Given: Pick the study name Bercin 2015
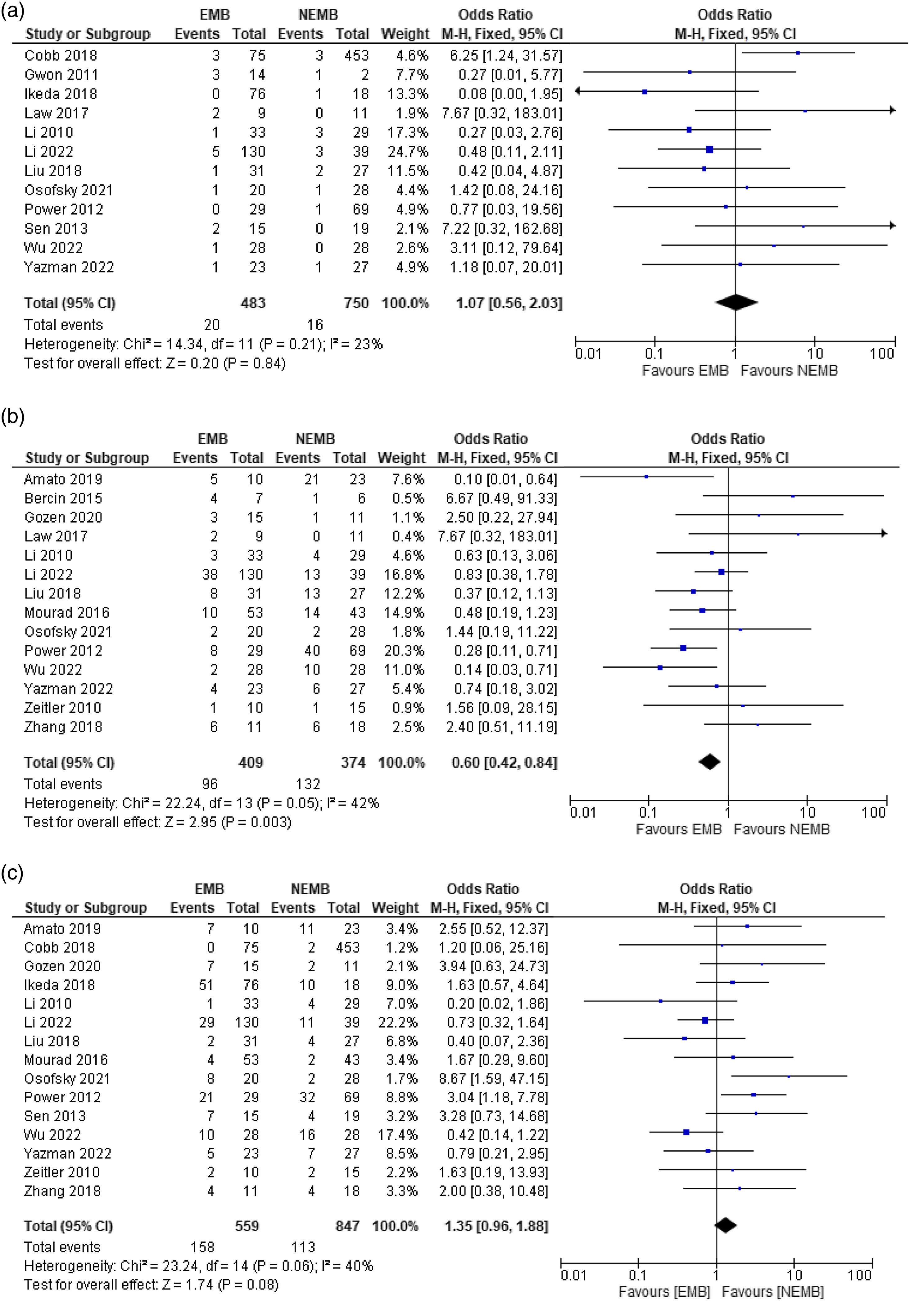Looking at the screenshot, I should point(63,499).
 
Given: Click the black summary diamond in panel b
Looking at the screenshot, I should point(709,762).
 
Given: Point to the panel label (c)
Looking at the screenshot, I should point(12,873).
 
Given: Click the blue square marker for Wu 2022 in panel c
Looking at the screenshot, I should point(686,1132).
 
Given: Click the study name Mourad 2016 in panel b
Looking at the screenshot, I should point(66,612).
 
